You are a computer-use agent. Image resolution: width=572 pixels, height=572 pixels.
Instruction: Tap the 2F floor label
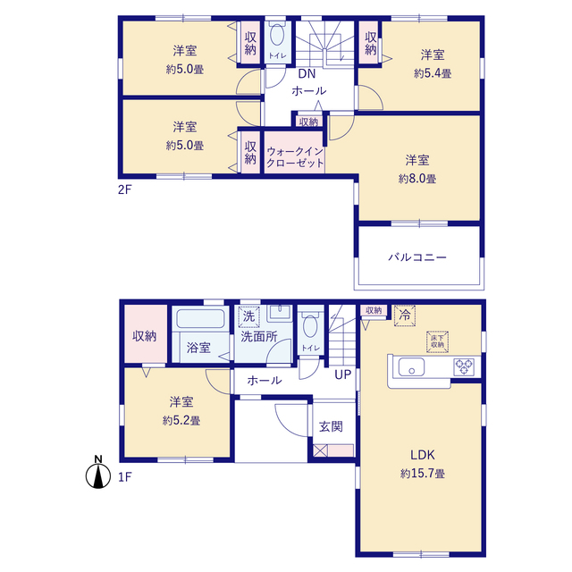pyautogui.click(x=124, y=189)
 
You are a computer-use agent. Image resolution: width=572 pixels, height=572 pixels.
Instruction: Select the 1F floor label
pyautogui.click(x=125, y=476)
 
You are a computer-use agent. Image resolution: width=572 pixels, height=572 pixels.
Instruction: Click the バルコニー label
pyautogui.click(x=417, y=257)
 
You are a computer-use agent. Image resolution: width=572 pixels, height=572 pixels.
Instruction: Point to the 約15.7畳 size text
pyautogui.click(x=423, y=474)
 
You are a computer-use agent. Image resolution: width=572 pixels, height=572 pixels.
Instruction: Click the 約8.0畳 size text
pyautogui.click(x=417, y=179)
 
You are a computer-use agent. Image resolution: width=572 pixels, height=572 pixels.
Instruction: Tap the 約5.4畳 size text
pyautogui.click(x=433, y=73)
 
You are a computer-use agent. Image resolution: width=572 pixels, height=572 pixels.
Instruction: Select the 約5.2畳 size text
pyautogui.click(x=181, y=421)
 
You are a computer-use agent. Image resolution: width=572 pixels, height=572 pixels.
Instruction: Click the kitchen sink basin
pyautogui.click(x=411, y=366)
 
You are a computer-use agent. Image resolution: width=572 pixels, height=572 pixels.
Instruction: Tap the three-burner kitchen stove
pyautogui.click(x=464, y=367)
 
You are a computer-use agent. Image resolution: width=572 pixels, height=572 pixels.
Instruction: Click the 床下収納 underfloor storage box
pyautogui.click(x=437, y=341)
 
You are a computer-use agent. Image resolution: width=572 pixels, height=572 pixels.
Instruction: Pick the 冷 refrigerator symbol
pyautogui.click(x=405, y=315)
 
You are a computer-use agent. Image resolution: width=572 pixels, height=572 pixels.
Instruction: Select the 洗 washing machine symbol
pyautogui.click(x=248, y=316)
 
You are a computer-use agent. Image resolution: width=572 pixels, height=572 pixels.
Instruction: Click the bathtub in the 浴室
pyautogui.click(x=200, y=318)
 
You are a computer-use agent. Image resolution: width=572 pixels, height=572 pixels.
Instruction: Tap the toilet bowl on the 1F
pyautogui.click(x=310, y=324)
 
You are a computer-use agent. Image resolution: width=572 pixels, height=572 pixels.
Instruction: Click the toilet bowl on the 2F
pyautogui.click(x=278, y=34)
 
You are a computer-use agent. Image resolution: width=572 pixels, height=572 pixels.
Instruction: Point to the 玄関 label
pyautogui.click(x=331, y=426)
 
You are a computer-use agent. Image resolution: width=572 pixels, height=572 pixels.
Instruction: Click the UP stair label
pyautogui.click(x=343, y=374)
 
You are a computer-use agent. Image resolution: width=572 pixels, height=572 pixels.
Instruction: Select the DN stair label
pyautogui.click(x=307, y=74)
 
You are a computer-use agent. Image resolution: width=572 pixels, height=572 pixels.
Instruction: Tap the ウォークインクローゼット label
pyautogui.click(x=295, y=157)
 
